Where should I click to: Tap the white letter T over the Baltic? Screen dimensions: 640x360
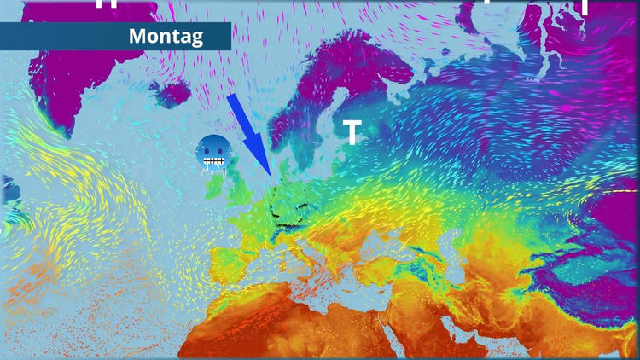[351, 132]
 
